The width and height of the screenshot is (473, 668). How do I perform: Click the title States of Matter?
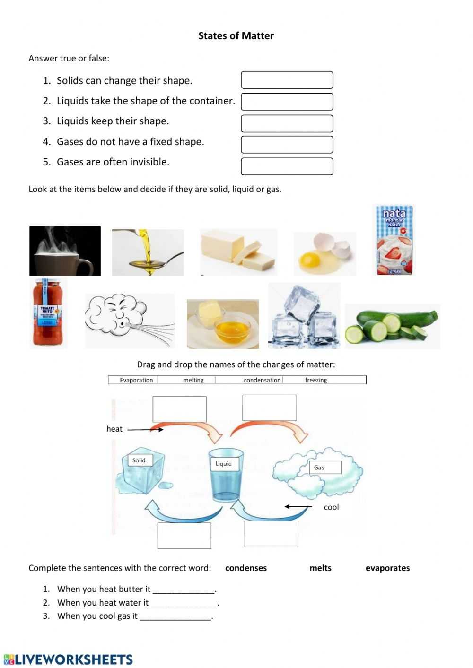(236, 36)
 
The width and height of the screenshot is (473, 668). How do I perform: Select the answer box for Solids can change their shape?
(287, 80)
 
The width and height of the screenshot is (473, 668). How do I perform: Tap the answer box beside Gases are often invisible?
(287, 166)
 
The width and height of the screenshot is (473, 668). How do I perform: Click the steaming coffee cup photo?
(65, 251)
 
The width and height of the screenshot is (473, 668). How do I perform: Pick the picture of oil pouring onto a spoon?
(148, 252)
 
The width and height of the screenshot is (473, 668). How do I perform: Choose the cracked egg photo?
(324, 254)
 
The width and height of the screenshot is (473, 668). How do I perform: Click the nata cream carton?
(394, 240)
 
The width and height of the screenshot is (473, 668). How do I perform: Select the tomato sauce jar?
(48, 312)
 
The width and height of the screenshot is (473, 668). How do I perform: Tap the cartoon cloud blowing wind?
(129, 321)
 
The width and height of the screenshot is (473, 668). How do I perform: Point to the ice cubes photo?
(304, 316)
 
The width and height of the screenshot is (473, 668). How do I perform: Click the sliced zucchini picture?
(392, 326)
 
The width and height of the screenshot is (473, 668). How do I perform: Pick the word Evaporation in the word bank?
(136, 380)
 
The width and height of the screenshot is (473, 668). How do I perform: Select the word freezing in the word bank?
(316, 380)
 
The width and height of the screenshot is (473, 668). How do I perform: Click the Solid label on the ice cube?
(139, 460)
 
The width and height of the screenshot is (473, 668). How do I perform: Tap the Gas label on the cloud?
(320, 468)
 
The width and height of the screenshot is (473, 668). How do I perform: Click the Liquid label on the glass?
(224, 464)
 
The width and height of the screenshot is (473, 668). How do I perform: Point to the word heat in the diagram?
(114, 429)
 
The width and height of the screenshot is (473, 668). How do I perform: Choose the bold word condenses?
(246, 568)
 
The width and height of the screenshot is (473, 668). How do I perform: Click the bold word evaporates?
(387, 568)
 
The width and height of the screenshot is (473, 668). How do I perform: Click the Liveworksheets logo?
(69, 659)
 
